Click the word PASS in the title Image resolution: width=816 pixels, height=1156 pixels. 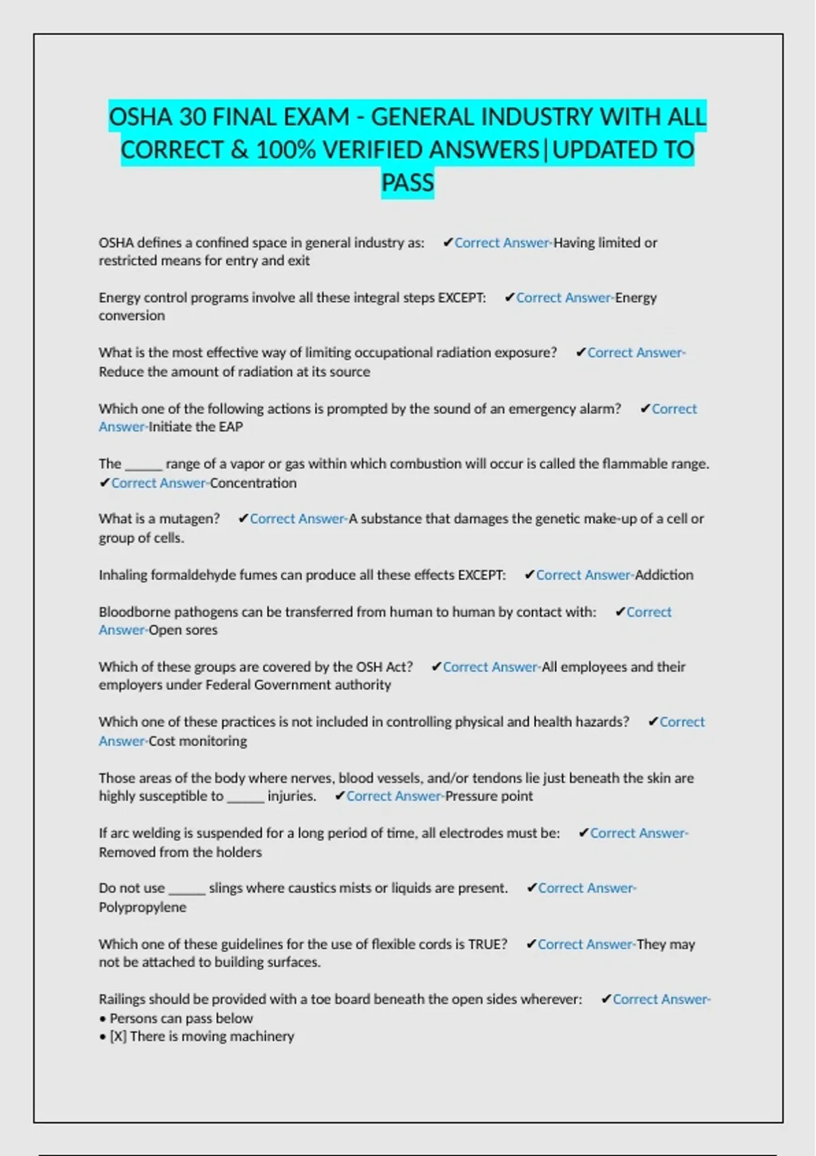[407, 183]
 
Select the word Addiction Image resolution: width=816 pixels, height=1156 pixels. [664, 575]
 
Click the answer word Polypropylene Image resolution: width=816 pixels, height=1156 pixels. [142, 907]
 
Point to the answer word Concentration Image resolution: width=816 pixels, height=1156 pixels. [253, 483]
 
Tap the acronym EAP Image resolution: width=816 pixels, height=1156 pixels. [231, 427]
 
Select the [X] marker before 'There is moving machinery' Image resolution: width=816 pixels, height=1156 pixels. [118, 1036]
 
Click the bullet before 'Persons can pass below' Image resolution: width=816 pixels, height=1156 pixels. [103, 1019]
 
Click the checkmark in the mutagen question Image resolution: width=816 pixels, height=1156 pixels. [243, 519]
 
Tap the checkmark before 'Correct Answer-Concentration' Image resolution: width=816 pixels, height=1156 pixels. [104, 483]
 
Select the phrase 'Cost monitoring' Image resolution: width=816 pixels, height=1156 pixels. [198, 741]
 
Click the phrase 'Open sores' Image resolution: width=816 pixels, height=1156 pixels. [183, 630]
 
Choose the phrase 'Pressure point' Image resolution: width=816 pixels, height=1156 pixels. [489, 796]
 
